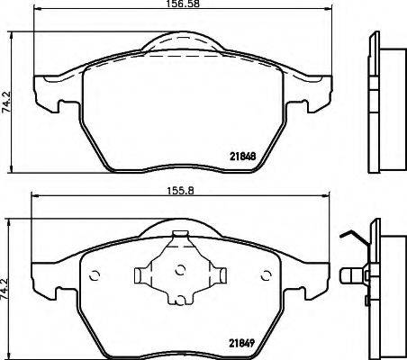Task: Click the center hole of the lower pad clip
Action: pos(178,270)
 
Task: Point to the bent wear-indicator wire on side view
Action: pos(351,236)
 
